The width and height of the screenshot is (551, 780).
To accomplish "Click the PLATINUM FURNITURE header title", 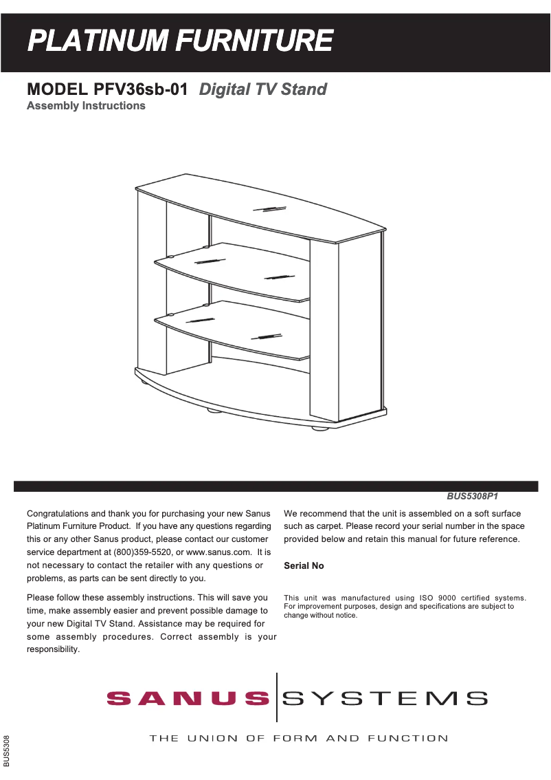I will click(180, 41).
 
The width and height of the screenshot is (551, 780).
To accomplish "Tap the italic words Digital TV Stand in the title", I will click(262, 89).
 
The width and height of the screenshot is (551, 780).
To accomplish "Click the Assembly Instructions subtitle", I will click(86, 106).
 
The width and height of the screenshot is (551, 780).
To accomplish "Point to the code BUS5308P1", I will click(472, 495).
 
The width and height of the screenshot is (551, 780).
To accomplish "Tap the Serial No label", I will click(304, 566).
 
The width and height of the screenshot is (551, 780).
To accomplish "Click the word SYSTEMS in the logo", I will click(385, 700).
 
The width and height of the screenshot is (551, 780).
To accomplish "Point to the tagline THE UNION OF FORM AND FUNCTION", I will click(299, 739).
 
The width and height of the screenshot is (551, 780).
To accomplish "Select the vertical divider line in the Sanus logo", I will click(277, 697).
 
